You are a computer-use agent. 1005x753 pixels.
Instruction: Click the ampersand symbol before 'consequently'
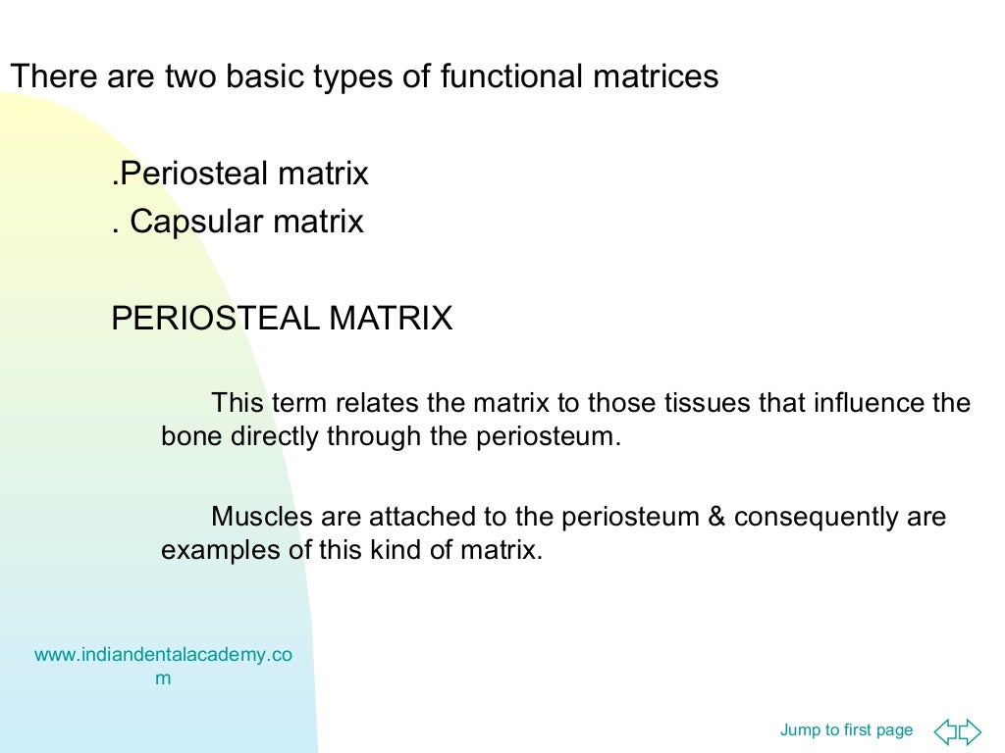[x=716, y=517]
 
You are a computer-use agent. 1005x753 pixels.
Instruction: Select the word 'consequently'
[x=817, y=517]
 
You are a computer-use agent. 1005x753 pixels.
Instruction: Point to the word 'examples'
[x=221, y=550]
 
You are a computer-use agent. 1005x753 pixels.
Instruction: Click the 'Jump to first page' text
[x=846, y=729]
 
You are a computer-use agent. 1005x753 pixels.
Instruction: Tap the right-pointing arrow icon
[x=970, y=730]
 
